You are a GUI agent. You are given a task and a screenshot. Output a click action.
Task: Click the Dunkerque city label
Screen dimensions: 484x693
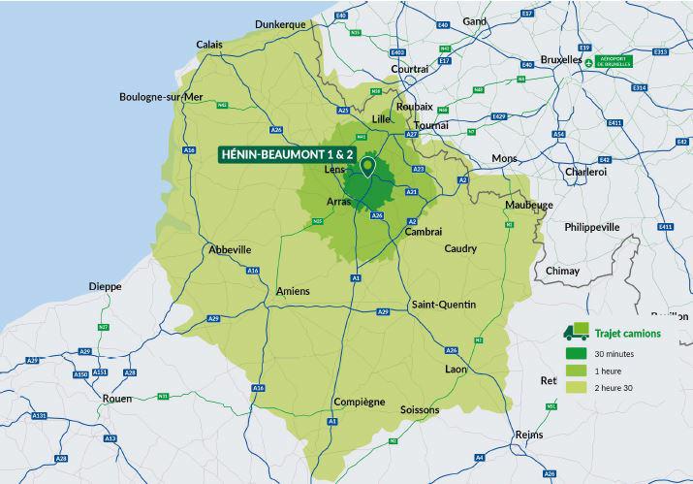click(x=279, y=23)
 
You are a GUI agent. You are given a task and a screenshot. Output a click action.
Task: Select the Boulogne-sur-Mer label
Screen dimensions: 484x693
click(x=161, y=97)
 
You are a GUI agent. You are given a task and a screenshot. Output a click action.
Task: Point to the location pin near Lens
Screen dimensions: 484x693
click(x=367, y=167)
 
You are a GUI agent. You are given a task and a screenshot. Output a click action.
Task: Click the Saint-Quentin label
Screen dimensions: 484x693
click(x=444, y=305)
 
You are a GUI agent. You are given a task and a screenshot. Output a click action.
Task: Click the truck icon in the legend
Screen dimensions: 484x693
click(x=579, y=332)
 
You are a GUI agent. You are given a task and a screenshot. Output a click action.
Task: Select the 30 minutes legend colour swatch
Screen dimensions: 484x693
click(x=577, y=353)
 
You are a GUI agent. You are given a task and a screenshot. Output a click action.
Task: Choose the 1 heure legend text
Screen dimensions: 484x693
click(x=608, y=371)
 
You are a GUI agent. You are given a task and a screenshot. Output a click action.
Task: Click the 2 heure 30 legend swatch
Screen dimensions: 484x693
click(x=577, y=387)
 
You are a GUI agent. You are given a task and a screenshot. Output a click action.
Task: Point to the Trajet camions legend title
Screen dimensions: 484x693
click(x=627, y=333)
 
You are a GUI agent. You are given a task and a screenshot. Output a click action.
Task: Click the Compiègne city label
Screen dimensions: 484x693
click(x=359, y=402)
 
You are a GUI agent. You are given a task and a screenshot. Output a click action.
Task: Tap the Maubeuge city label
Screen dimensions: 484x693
click(x=528, y=206)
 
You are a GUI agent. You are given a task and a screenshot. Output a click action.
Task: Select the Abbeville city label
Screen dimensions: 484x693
click(x=230, y=250)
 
